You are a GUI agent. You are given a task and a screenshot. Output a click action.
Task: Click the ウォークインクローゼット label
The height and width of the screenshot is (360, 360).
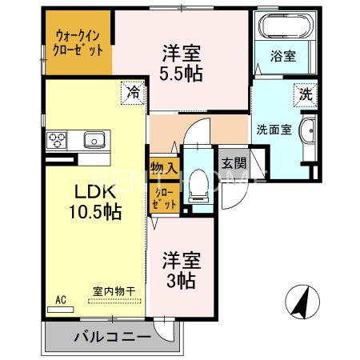79,42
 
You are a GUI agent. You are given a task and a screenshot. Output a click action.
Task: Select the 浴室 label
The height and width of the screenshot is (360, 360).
283,57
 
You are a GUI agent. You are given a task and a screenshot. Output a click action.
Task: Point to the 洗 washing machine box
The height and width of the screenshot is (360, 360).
305,94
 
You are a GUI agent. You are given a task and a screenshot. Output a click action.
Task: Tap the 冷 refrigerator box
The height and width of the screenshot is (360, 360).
134,93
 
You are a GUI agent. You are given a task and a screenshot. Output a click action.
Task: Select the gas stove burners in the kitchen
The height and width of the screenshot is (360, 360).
58,140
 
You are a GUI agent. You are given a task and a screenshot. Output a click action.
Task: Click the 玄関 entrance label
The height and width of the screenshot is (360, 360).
234,164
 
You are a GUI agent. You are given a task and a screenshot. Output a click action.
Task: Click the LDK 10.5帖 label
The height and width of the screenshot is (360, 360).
98,203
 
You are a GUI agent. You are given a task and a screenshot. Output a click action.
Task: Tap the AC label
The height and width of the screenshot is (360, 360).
60,300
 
